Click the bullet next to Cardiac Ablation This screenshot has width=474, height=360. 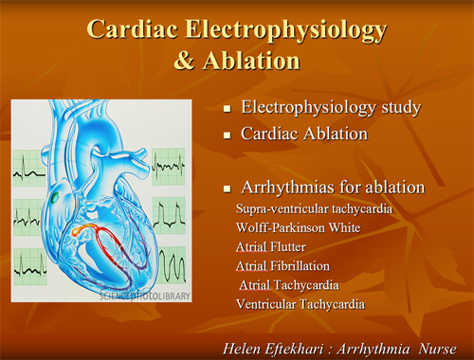[228, 136]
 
